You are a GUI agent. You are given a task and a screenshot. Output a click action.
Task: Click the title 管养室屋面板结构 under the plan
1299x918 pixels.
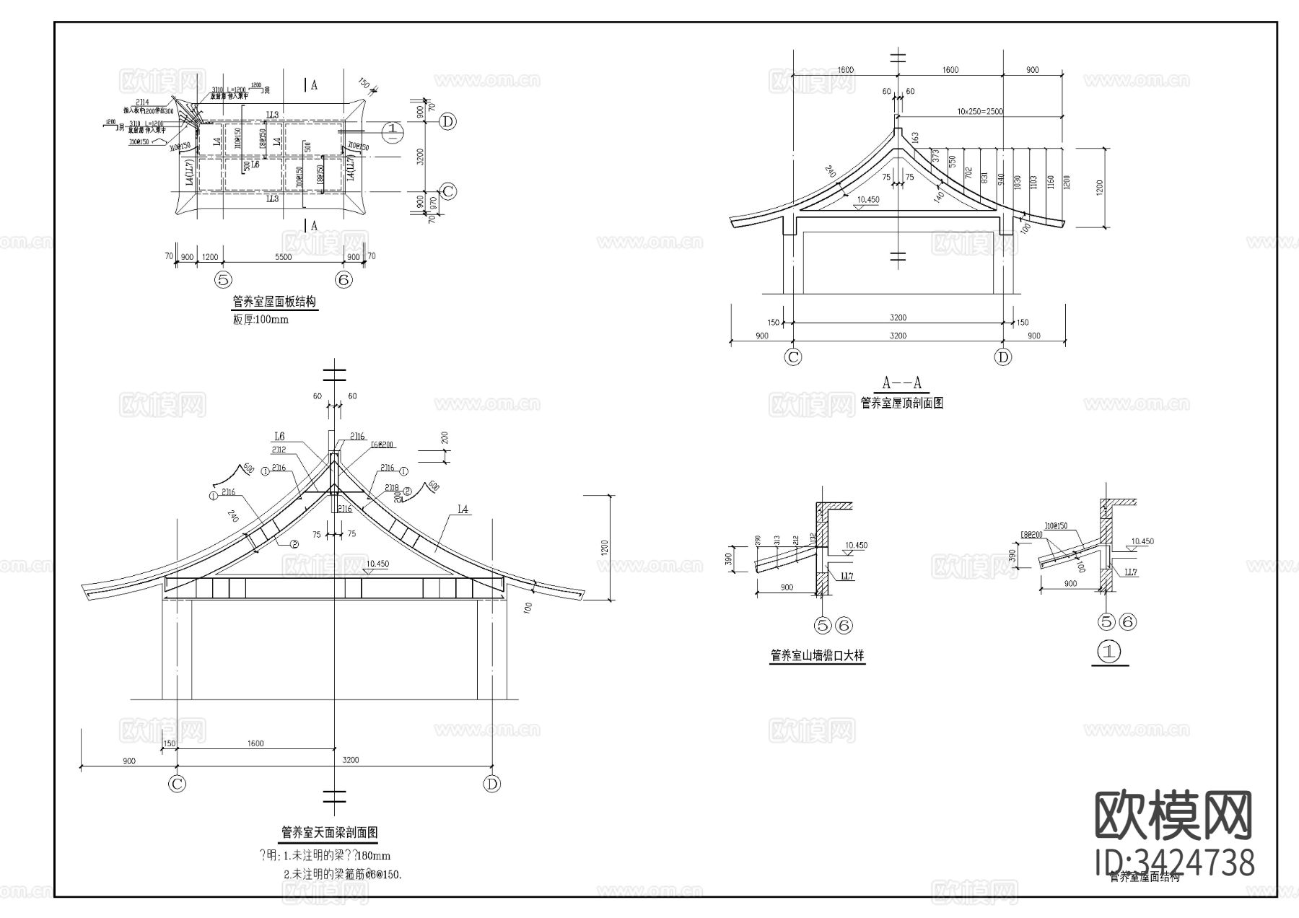click(274, 302)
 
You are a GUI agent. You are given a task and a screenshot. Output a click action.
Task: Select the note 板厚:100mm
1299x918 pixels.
click(261, 319)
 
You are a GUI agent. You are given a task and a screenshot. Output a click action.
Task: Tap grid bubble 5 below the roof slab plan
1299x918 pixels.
click(224, 279)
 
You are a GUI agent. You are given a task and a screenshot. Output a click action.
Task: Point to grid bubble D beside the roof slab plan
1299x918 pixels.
click(448, 121)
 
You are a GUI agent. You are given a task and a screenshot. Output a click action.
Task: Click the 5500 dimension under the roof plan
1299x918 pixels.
click(283, 257)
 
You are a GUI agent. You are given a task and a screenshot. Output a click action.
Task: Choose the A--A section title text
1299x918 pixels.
click(902, 383)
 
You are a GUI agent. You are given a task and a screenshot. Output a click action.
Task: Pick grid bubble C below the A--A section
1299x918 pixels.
click(793, 357)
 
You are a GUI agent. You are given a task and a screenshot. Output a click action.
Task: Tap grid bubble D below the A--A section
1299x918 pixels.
click(1003, 357)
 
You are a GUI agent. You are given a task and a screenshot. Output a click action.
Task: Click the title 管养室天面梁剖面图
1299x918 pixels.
click(329, 832)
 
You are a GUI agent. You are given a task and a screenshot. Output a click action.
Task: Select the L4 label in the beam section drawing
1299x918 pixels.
click(463, 510)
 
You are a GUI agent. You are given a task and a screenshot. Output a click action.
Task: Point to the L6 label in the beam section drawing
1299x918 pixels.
click(279, 436)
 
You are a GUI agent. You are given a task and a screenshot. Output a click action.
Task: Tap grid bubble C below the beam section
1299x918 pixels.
click(176, 784)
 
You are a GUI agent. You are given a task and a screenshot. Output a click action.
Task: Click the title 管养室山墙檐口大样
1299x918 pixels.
click(817, 656)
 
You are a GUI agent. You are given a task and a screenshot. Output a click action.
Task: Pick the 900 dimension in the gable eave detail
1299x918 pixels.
click(787, 587)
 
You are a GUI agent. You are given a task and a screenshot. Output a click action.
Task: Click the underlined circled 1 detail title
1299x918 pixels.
click(1109, 652)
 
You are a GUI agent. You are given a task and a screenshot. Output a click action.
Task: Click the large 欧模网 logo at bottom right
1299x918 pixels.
click(1173, 816)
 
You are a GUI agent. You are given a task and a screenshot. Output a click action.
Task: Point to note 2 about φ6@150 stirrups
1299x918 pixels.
click(342, 874)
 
